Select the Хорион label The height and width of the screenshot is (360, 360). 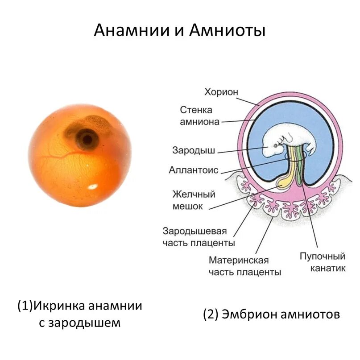point(221,92)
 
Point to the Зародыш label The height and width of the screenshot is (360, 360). point(194,150)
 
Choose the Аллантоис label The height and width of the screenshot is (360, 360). point(193,170)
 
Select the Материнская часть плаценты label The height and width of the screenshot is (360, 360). point(245,266)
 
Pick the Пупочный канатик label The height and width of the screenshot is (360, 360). point(323,262)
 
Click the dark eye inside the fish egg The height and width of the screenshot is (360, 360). point(86,140)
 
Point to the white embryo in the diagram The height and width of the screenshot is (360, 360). point(286,141)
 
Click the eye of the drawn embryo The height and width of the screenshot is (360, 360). point(275,145)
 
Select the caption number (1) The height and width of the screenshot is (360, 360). point(25,306)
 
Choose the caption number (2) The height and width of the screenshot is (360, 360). point(210,314)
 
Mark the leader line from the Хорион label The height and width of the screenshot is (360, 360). point(248,99)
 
